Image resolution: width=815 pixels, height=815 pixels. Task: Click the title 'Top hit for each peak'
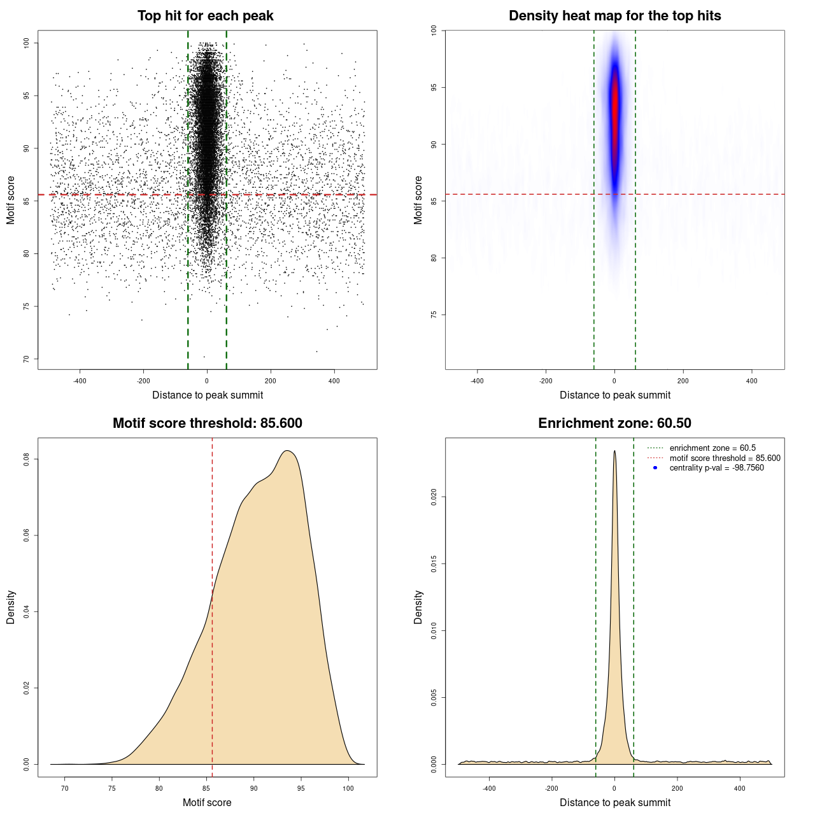coord(205,16)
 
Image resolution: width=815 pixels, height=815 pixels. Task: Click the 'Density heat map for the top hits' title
coord(614,16)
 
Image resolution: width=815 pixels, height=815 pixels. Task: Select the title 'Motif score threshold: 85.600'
coord(207,423)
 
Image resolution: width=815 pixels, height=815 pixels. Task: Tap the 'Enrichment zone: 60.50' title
coord(614,423)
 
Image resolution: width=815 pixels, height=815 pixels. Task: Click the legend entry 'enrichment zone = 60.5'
coord(712,448)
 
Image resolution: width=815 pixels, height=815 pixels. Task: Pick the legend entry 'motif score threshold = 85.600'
coord(725,458)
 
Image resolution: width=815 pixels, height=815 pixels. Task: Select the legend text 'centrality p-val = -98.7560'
coord(716,468)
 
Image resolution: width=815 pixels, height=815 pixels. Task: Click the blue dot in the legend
coord(655,468)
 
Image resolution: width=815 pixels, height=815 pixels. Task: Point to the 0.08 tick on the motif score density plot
coord(27,459)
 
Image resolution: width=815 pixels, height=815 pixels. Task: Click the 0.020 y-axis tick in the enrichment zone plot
coord(434,497)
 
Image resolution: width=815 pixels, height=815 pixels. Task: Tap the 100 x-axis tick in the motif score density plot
coord(348,788)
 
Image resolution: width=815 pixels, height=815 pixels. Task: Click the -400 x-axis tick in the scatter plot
coord(80,381)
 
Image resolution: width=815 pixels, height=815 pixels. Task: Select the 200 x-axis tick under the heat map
coord(683,381)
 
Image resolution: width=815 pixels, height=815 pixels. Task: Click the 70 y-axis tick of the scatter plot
coord(27,359)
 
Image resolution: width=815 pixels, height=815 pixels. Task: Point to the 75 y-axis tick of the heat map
coord(434,315)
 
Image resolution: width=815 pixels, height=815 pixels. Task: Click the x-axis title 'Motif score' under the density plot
coord(207,802)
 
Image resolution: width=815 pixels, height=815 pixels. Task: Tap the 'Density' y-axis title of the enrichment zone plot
coord(418,607)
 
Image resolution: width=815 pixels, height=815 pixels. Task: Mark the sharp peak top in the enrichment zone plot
coord(614,451)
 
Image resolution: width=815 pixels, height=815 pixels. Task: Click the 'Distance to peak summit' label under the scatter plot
coord(208,395)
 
